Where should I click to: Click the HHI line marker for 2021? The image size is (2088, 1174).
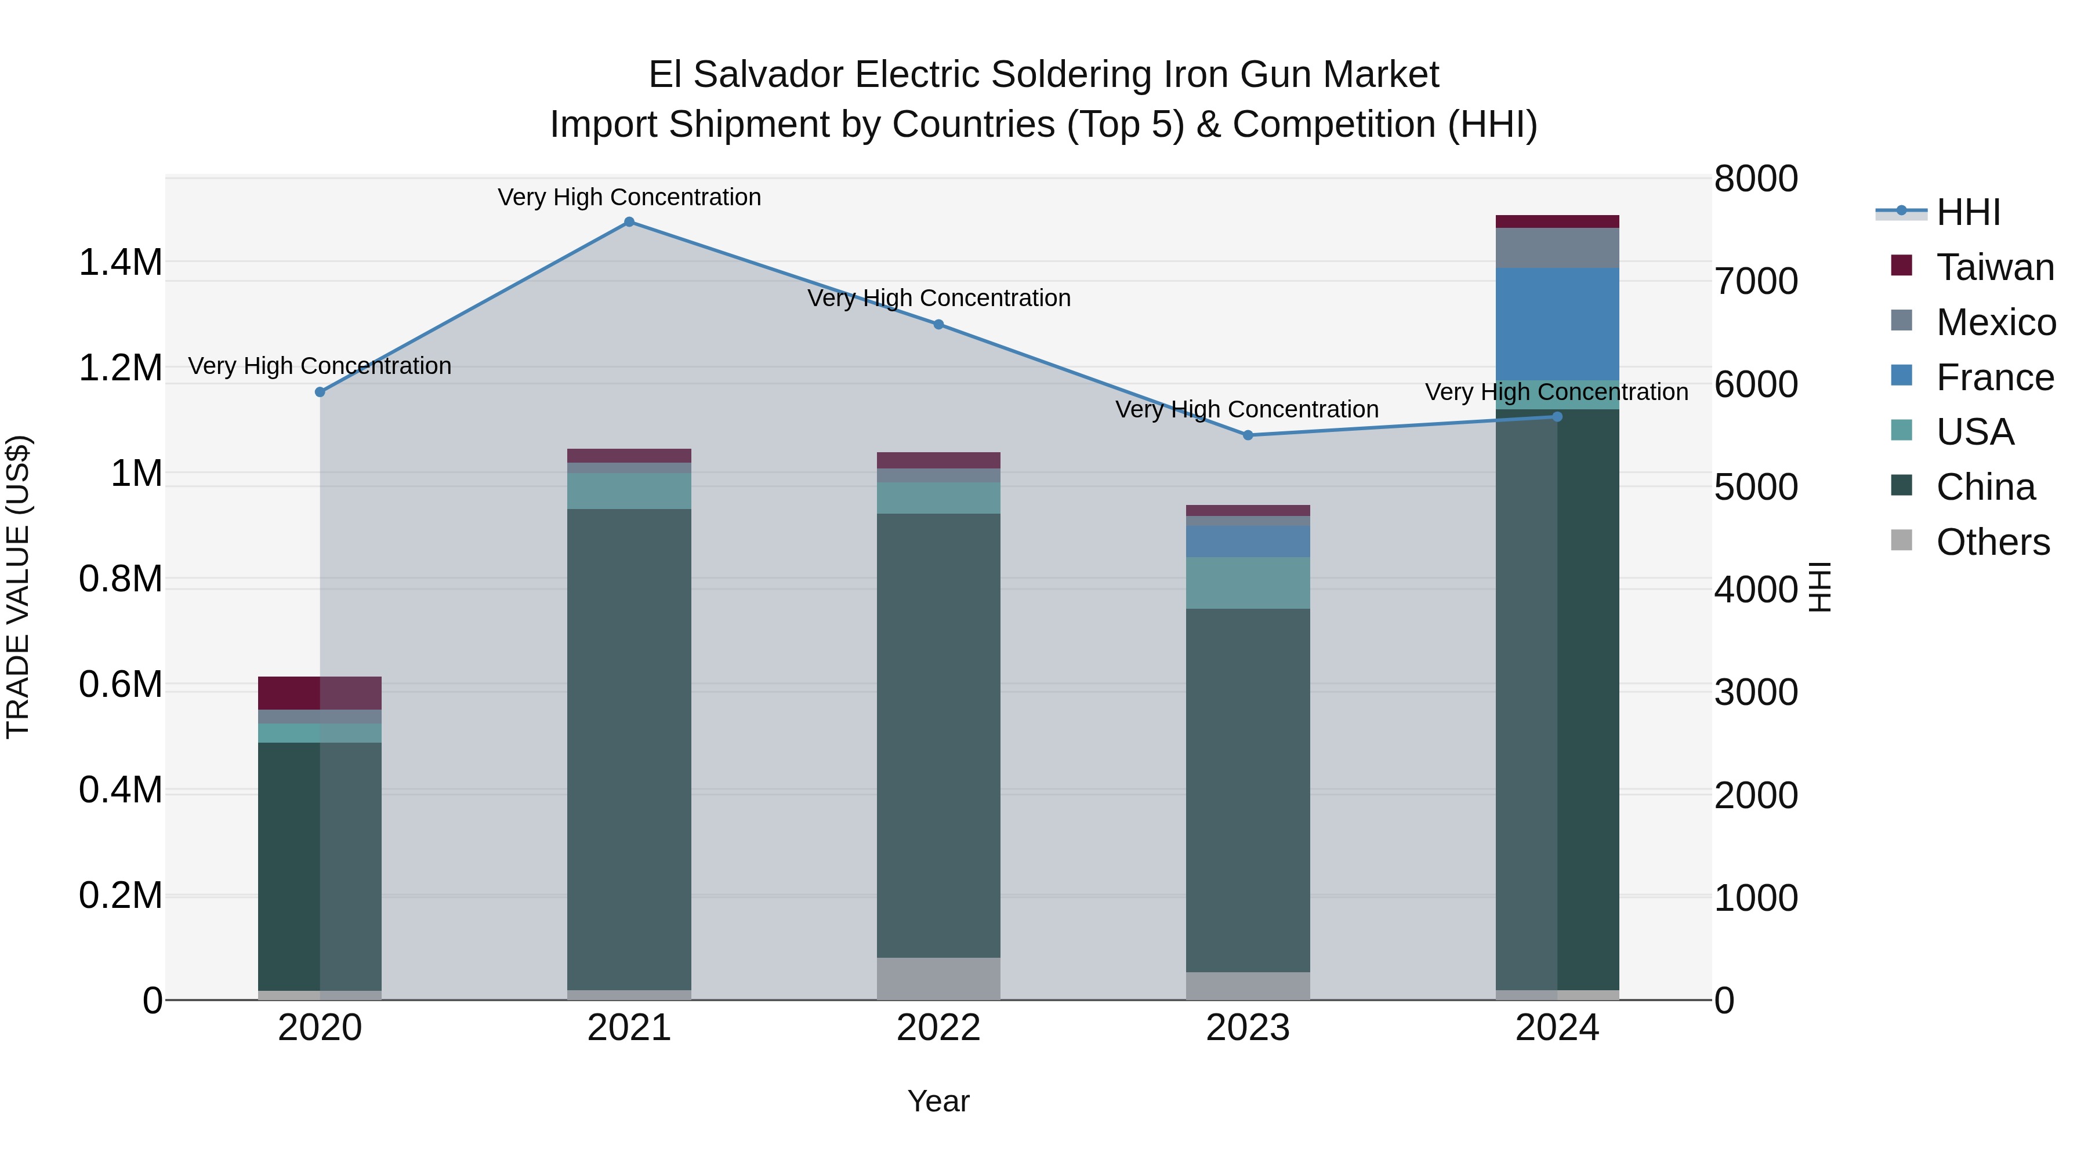click(x=629, y=222)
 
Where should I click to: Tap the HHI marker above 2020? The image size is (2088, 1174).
click(x=320, y=392)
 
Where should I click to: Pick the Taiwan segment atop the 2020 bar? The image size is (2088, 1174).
click(x=320, y=693)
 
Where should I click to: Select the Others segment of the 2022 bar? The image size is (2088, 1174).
click(x=938, y=979)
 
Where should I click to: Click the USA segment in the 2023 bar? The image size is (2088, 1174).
click(x=1248, y=583)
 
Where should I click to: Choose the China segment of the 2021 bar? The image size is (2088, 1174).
click(x=629, y=750)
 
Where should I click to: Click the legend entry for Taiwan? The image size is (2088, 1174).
click(x=1995, y=267)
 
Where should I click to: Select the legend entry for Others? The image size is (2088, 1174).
click(x=1992, y=542)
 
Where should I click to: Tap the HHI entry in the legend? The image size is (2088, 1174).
click(x=1968, y=212)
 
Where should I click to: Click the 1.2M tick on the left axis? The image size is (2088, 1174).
click(x=120, y=368)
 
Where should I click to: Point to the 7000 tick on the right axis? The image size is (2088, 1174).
click(x=1756, y=281)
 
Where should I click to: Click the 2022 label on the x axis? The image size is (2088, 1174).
click(x=938, y=1028)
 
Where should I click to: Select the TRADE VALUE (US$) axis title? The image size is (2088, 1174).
click(x=18, y=587)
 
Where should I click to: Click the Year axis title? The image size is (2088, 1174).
click(x=938, y=1101)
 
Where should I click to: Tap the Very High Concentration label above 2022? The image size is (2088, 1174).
click(x=938, y=298)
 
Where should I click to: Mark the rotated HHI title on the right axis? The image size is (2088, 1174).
click(x=1819, y=587)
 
